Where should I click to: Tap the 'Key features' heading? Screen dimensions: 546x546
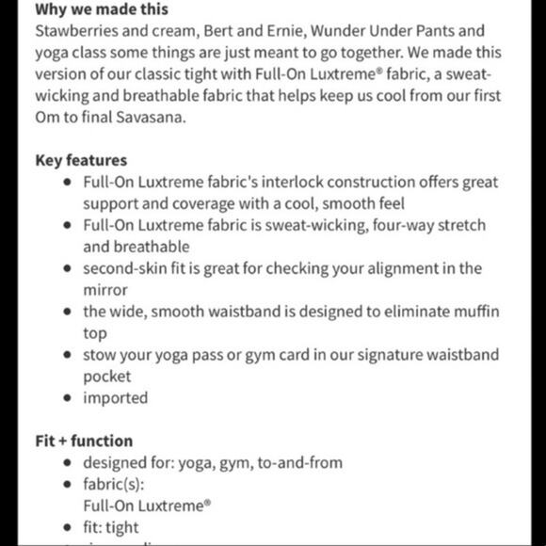click(x=81, y=159)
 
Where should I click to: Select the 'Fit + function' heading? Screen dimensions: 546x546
click(x=85, y=441)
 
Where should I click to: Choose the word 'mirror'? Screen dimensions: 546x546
click(x=106, y=290)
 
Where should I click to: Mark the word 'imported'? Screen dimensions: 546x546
click(x=116, y=398)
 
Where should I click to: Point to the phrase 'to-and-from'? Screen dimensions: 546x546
click(x=300, y=463)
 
